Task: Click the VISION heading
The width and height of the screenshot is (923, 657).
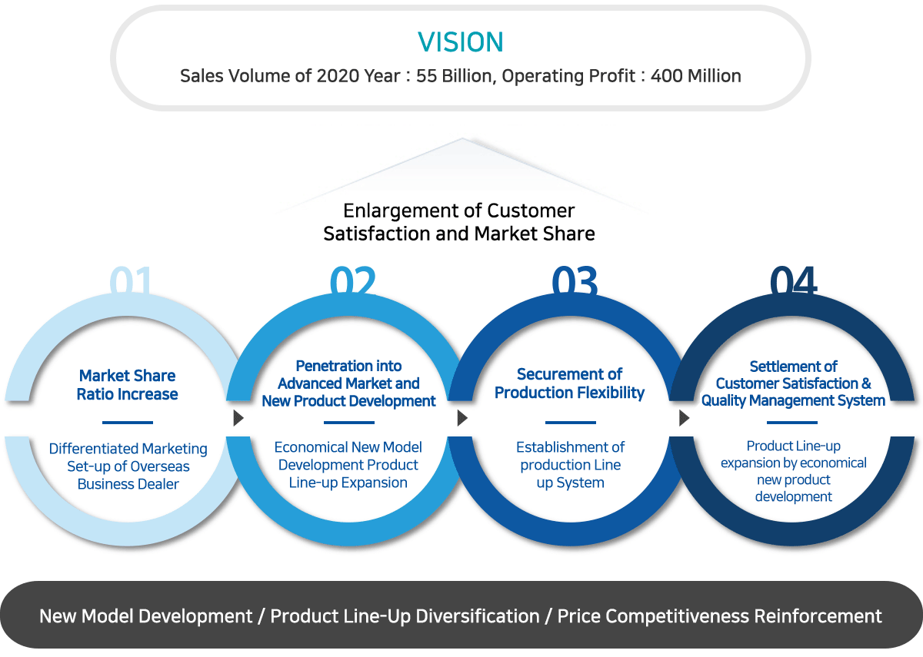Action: pos(461,42)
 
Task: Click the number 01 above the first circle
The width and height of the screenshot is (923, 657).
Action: pos(131,280)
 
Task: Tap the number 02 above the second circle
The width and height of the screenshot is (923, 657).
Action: pos(353,280)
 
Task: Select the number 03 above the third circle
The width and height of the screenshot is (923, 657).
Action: pos(575,280)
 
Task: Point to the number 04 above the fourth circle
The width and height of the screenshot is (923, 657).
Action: pos(793,280)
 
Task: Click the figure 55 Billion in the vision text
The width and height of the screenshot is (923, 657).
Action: pos(454,76)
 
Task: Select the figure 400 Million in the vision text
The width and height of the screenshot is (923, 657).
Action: pos(696,76)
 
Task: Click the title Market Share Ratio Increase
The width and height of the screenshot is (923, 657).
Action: pos(128,385)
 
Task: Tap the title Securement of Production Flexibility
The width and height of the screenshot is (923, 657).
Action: pos(569,383)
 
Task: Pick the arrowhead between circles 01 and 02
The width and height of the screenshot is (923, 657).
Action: pos(238,418)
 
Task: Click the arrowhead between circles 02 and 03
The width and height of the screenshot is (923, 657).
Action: pos(463,418)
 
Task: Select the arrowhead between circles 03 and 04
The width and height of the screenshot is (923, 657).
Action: pos(684,418)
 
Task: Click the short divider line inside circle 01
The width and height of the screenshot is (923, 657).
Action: pos(128,423)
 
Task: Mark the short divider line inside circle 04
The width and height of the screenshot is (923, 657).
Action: pos(792,423)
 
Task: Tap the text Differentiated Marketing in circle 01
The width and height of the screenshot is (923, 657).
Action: pos(128,449)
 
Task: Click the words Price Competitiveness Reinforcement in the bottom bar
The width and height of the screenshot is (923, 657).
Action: pos(719,616)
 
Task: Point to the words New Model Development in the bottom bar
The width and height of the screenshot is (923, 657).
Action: pos(146,616)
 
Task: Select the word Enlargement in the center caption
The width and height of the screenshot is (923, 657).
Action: pos(408,211)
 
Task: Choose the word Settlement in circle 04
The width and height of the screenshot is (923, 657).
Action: pos(775,366)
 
